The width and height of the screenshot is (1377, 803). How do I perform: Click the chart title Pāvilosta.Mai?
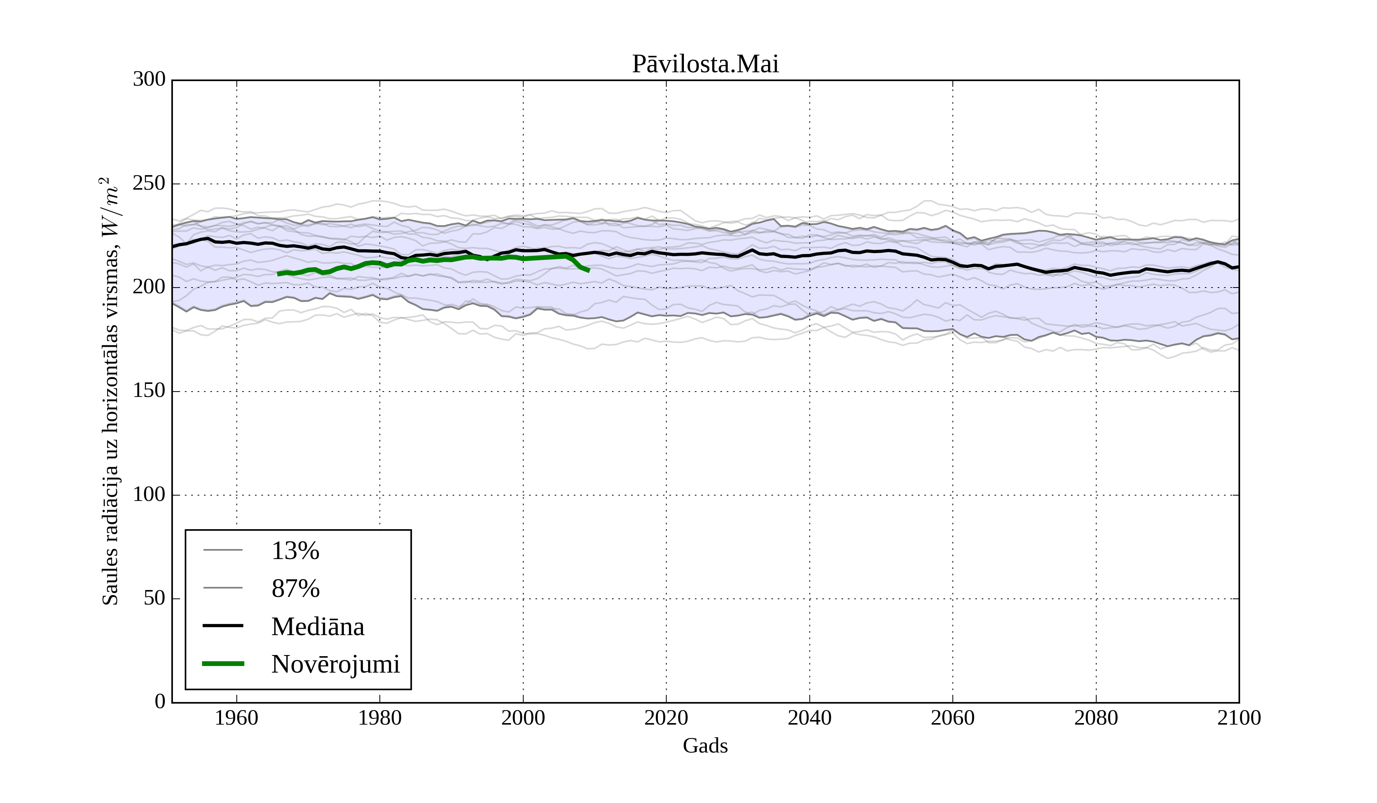click(x=705, y=65)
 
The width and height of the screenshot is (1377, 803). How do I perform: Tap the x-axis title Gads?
click(x=705, y=746)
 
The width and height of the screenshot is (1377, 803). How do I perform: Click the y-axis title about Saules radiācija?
click(x=111, y=391)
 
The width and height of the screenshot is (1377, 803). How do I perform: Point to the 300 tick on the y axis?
click(x=149, y=80)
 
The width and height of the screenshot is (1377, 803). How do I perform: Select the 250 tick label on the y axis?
click(x=149, y=184)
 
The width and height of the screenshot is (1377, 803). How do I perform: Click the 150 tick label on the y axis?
click(x=149, y=391)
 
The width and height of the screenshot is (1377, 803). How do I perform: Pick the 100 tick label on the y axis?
click(x=149, y=495)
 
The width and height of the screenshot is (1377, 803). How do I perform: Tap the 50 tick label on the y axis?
click(x=154, y=599)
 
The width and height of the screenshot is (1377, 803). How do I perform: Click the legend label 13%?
click(x=295, y=551)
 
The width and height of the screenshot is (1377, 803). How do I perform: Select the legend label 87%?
click(x=295, y=589)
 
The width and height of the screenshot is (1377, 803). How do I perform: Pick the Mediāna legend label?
click(x=317, y=627)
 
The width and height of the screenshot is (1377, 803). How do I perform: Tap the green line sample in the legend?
click(x=223, y=664)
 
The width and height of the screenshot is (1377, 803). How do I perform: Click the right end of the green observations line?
click(x=589, y=270)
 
